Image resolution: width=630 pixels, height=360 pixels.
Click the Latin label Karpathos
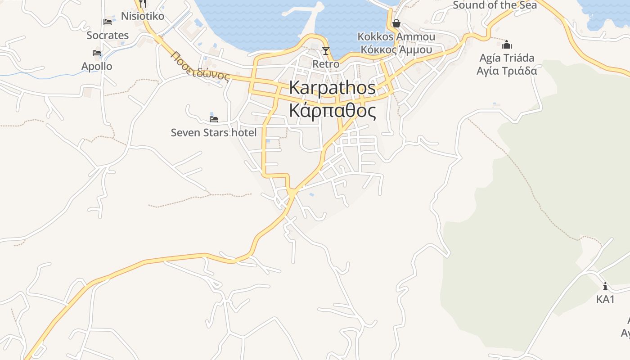(x=332, y=88)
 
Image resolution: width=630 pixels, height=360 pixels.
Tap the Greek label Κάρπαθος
(x=332, y=110)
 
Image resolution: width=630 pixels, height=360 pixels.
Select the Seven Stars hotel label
(x=214, y=132)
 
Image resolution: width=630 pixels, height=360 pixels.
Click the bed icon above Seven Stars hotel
(x=214, y=119)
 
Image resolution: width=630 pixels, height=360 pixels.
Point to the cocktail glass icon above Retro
(x=326, y=50)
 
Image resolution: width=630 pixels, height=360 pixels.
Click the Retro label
(x=326, y=64)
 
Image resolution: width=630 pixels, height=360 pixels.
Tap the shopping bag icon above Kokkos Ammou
(x=396, y=23)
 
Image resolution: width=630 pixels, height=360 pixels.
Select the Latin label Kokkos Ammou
(x=396, y=36)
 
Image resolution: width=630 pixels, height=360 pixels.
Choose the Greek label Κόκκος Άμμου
(x=396, y=49)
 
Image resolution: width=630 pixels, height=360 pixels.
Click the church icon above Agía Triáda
(x=507, y=45)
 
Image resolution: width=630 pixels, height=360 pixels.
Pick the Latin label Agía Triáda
(x=507, y=58)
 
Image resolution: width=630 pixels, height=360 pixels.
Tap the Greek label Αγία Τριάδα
(x=507, y=71)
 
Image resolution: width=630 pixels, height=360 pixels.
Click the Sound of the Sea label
(x=495, y=5)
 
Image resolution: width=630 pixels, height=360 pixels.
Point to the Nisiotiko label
(x=143, y=16)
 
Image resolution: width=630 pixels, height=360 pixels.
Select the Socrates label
(x=108, y=35)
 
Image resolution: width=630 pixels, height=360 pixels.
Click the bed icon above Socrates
(x=108, y=22)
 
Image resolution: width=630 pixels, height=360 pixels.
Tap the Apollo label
(x=97, y=66)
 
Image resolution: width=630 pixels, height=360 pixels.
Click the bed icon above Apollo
(x=97, y=53)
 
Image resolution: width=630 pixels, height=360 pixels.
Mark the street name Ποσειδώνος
(x=200, y=66)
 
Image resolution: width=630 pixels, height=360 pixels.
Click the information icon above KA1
(x=605, y=286)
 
